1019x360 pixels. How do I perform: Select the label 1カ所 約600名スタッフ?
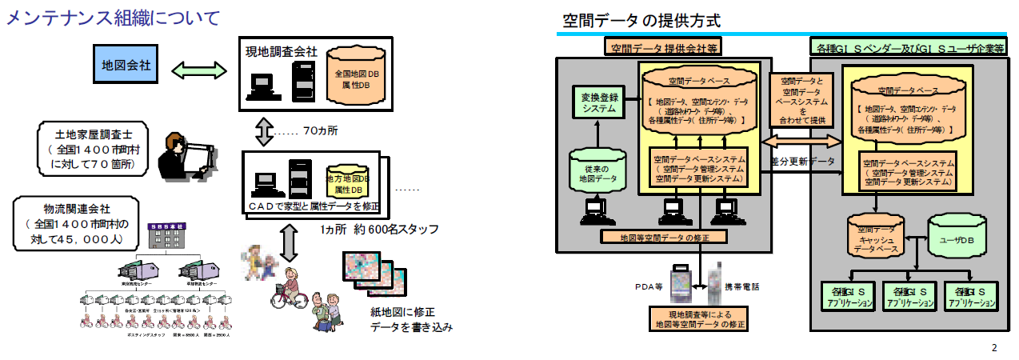pyautogui.click(x=374, y=230)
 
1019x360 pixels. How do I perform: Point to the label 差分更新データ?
pyautogui.click(x=803, y=161)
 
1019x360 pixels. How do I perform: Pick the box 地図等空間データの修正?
pyautogui.click(x=664, y=236)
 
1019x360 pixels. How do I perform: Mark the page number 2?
pyautogui.click(x=994, y=347)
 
